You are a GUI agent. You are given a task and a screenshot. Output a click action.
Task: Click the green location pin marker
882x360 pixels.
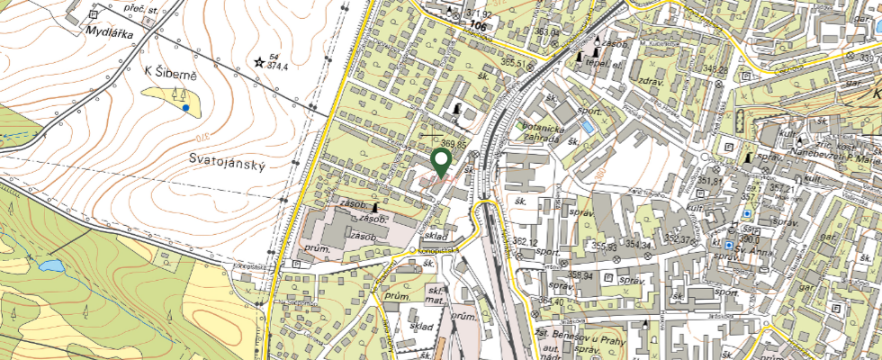coord(441,162)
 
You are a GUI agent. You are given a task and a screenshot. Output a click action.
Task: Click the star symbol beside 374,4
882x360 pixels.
coord(259,62)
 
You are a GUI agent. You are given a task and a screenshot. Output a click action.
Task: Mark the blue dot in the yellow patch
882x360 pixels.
coord(185,107)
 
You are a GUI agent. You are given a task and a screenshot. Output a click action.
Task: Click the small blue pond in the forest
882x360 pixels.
coord(49,265)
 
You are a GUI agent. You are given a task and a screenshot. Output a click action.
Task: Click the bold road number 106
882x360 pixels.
coord(478,27)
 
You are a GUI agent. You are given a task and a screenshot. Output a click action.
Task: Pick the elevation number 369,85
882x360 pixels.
coord(454,143)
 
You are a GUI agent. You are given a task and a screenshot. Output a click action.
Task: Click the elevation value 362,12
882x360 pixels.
coord(525,242)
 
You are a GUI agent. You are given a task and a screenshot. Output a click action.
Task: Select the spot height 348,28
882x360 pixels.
coord(715,69)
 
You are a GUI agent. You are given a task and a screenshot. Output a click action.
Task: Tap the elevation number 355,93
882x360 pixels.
coord(604,246)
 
